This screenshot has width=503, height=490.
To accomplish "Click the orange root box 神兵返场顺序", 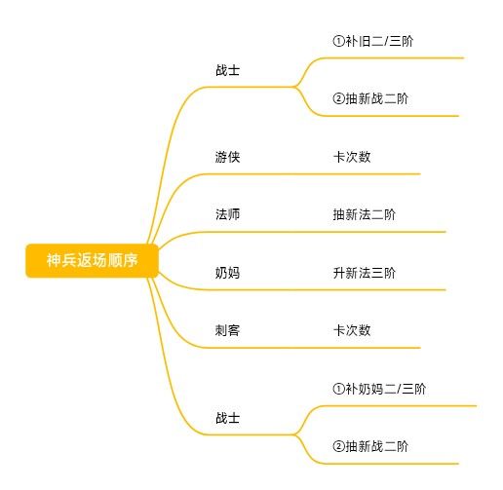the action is click(92, 260).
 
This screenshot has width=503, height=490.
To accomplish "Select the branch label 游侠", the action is click(227, 157).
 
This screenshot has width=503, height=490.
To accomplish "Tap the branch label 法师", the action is click(227, 214).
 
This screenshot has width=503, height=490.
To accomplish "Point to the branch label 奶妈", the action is click(227, 273).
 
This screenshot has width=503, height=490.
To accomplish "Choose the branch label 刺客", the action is click(227, 330).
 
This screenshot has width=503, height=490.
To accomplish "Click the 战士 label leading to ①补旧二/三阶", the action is click(227, 70).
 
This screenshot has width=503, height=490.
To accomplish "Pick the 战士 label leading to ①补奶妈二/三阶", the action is click(227, 418).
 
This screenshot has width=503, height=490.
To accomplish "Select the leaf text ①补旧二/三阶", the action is click(373, 41).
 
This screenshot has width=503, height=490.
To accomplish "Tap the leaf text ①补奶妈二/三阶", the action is click(379, 389).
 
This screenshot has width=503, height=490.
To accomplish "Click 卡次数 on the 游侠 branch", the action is click(352, 157).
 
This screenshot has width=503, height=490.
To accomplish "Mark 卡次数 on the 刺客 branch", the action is click(352, 330).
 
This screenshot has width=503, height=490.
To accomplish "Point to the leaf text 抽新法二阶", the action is click(365, 214).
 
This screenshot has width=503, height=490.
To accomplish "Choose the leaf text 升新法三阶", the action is click(365, 273).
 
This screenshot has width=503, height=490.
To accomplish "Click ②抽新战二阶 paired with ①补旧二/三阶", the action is click(370, 98).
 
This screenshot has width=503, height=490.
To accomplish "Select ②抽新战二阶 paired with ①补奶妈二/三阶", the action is click(370, 446).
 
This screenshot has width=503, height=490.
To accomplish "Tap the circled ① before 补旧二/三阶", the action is click(338, 41).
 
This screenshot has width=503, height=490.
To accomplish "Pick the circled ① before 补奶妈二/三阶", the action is click(338, 389).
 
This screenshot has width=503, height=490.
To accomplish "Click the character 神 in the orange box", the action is click(54, 260).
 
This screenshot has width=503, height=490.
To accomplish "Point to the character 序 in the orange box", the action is click(131, 260).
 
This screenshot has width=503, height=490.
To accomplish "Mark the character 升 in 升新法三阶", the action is click(339, 273).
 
